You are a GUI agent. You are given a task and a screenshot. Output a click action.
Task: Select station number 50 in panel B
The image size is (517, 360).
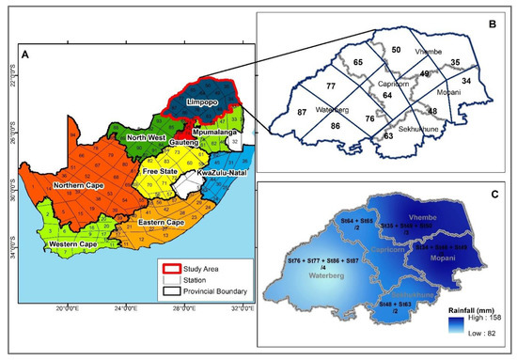click(396, 49)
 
